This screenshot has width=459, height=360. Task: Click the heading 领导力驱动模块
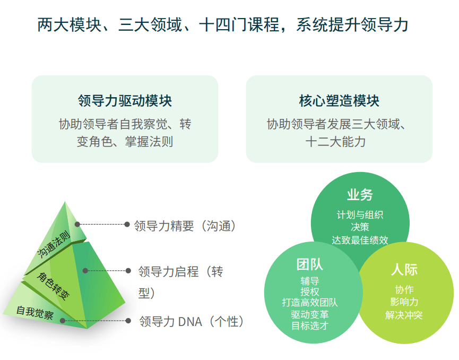(125, 101)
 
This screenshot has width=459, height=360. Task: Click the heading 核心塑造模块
(339, 101)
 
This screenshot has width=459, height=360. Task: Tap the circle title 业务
(360, 195)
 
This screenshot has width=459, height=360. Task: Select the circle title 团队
(310, 264)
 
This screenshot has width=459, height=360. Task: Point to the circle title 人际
(404, 269)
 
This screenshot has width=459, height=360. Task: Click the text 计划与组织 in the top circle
(360, 215)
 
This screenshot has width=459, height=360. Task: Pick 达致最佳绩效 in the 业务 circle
(360, 240)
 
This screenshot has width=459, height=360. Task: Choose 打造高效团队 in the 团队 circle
(310, 302)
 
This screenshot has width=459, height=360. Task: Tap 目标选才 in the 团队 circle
(310, 325)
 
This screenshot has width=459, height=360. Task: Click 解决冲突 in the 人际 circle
(404, 315)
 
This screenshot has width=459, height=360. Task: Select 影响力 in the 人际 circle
(404, 302)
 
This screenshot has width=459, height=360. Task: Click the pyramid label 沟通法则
(54, 244)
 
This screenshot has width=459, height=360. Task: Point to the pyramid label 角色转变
(53, 286)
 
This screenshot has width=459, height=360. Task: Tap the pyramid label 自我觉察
(35, 313)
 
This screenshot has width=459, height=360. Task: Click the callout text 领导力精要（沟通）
(185, 226)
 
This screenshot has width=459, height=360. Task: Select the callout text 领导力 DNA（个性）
(192, 321)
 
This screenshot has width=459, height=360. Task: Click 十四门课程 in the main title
(239, 24)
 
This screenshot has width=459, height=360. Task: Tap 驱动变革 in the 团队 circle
(310, 314)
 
